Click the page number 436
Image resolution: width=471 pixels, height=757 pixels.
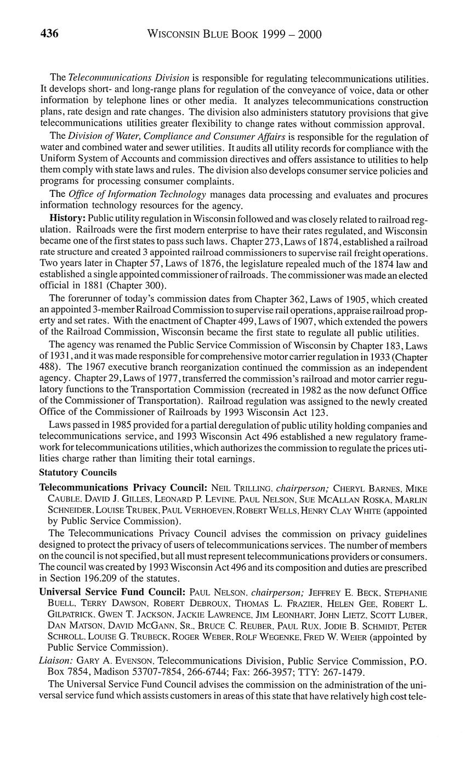pyautogui.click(x=49, y=34)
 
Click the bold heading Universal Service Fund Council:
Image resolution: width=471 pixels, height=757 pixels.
pyautogui.click(x=112, y=592)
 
